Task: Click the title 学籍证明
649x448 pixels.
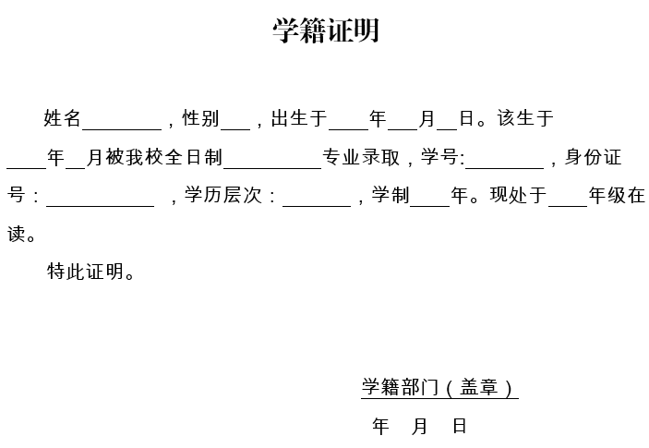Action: pos(326,30)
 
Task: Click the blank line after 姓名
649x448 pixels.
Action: pos(122,129)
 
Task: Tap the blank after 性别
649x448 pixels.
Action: pos(235,129)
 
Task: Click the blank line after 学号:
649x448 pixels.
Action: pos(505,168)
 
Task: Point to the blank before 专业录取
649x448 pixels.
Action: pos(272,168)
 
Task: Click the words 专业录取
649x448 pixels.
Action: pos(361,157)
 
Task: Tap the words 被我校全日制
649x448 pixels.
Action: pos(164,157)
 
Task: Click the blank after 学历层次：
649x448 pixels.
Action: pos(317,206)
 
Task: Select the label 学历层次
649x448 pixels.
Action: pos(223,195)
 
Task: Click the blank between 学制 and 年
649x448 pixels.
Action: pos(430,206)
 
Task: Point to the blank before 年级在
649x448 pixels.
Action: pos(569,206)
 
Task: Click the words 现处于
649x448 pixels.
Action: pos(518,195)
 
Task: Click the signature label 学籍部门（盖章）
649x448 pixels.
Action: pos(439,387)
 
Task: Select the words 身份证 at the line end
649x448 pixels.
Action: pos(593,157)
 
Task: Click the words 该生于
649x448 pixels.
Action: pos(525,118)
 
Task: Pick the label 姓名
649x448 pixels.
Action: pos(62,118)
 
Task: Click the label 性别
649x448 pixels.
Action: pos(200,118)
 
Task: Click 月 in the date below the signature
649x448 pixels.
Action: pos(419,426)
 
